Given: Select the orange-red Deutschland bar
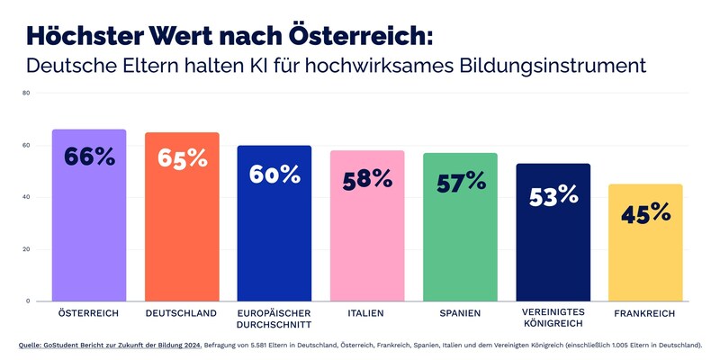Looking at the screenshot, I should (182, 225).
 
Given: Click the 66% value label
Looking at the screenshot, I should (89, 157).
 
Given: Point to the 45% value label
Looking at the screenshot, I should (645, 213).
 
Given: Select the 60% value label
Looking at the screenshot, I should (274, 174).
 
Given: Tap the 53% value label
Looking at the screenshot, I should (553, 194).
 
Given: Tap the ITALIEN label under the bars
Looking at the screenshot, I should (367, 313).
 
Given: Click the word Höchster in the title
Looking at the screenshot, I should (82, 35).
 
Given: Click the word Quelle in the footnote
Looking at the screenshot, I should (32, 345).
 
